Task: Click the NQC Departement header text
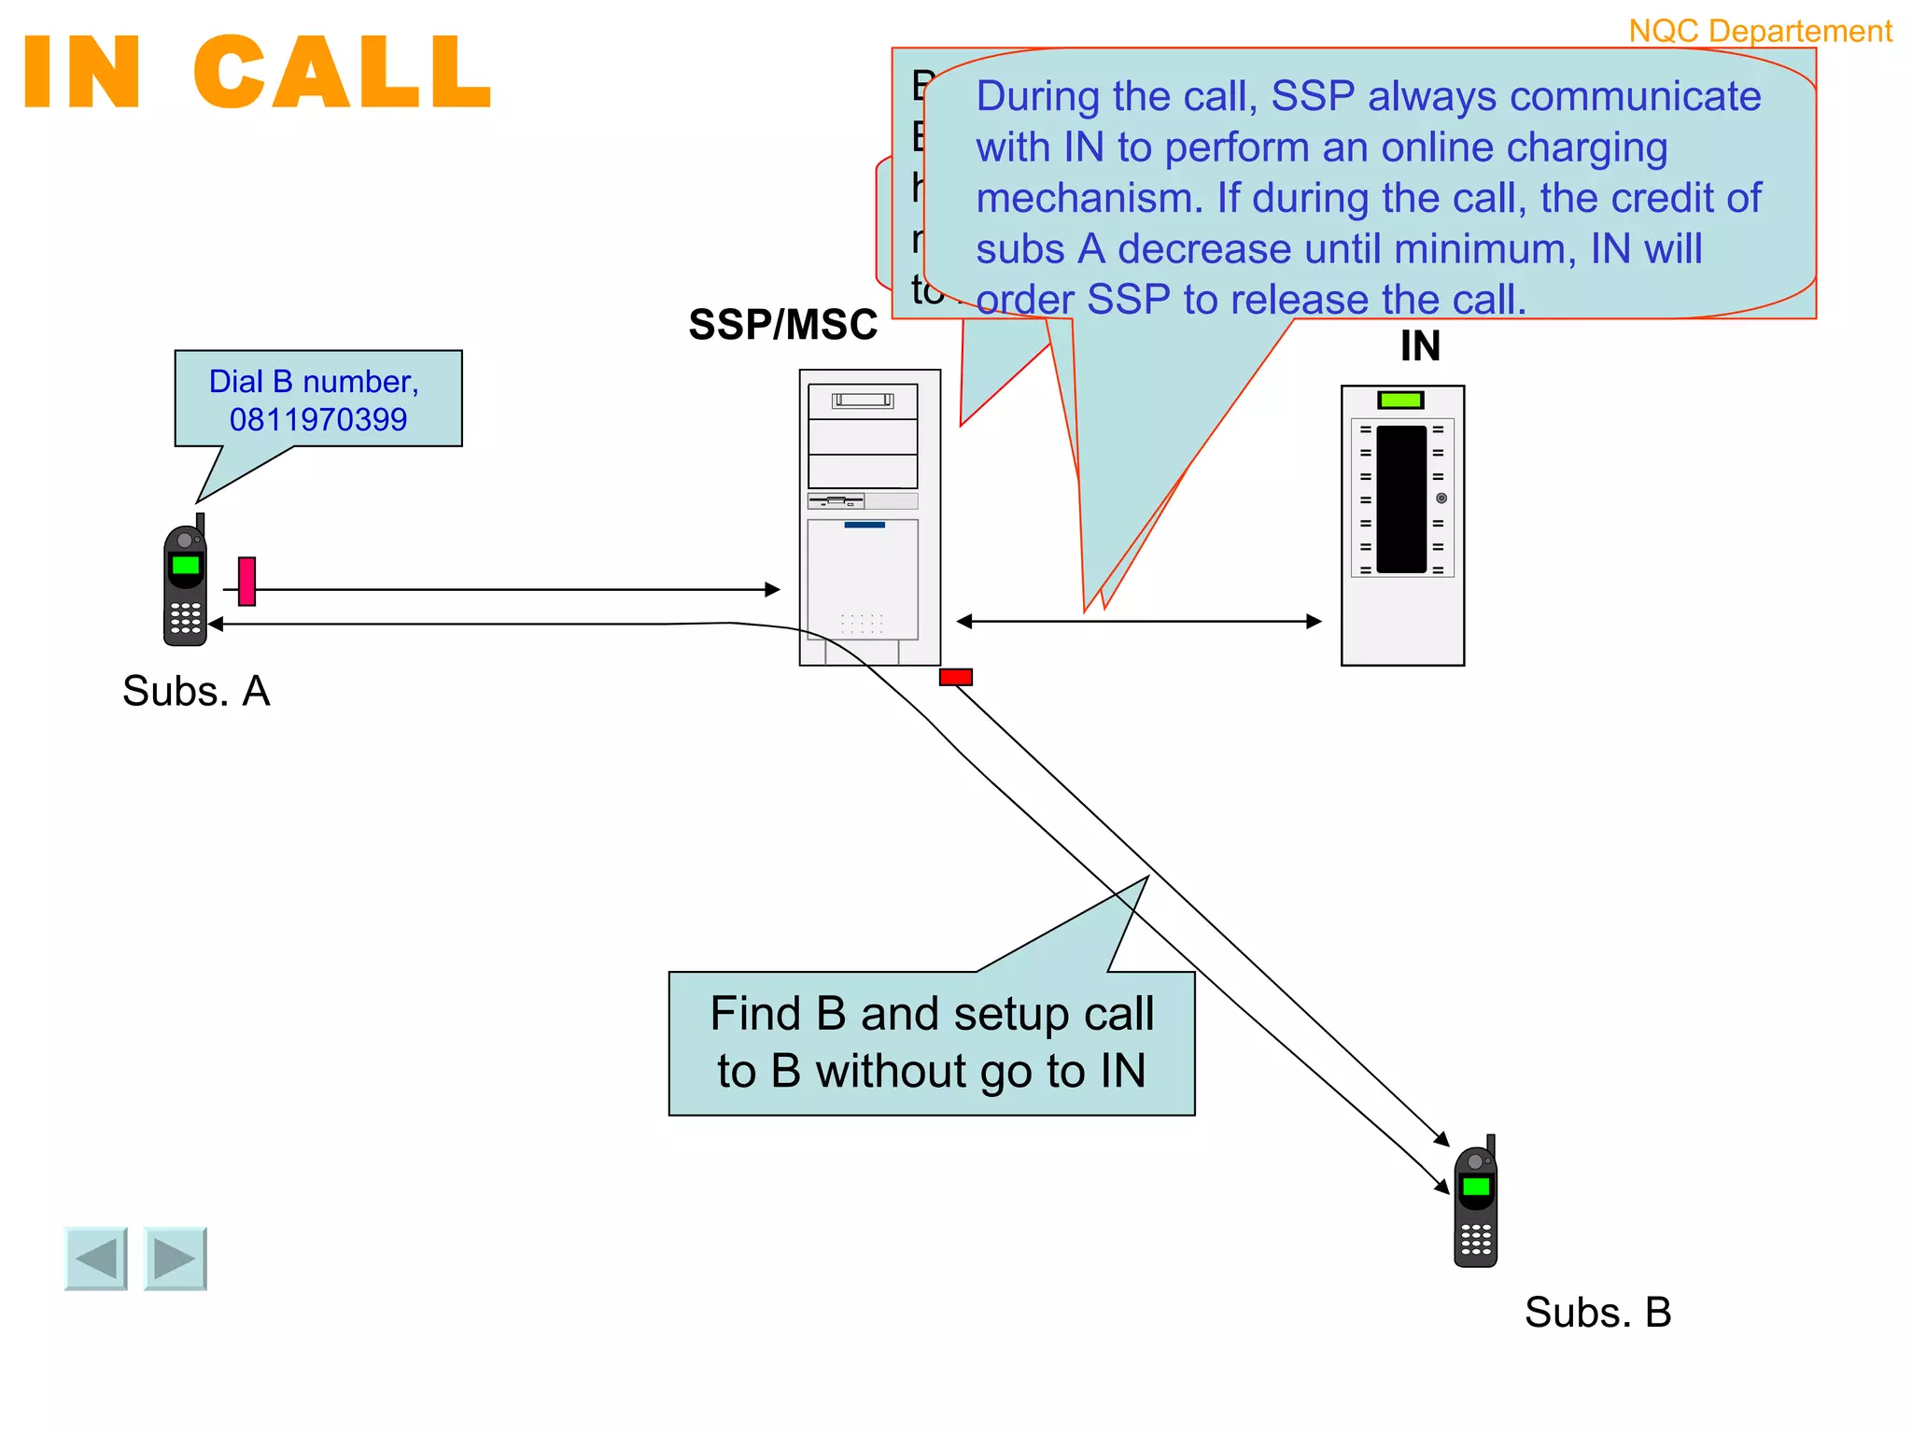coord(1760,31)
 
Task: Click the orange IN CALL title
coord(257,73)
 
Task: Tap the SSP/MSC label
coord(782,325)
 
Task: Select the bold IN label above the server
coord(1419,346)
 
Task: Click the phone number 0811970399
coord(318,419)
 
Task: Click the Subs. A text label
coord(196,692)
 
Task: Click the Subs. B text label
coord(1597,1313)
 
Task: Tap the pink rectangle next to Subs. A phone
coord(246,581)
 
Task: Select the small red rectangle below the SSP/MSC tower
coord(955,677)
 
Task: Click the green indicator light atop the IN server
coord(1400,401)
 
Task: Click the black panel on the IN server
coord(1400,499)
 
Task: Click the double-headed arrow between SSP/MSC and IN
coord(1139,621)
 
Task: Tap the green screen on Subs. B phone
coord(1475,1187)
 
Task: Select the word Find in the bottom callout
coord(755,1014)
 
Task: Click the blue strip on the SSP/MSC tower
coord(865,525)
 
